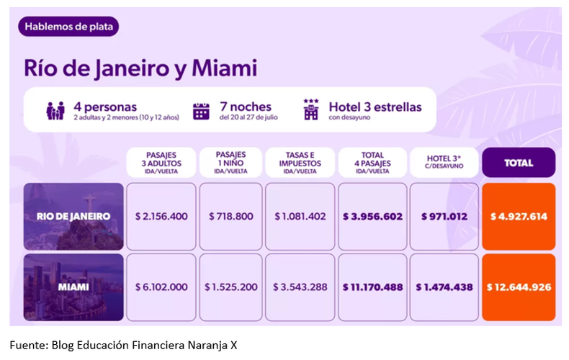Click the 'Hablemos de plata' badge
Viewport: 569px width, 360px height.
68,27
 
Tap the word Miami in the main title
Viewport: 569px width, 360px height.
225,68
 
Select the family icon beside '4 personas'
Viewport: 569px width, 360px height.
55,111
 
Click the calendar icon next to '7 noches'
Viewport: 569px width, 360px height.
201,111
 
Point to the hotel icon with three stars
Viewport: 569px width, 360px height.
311,109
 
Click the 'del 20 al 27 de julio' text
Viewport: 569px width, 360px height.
248,117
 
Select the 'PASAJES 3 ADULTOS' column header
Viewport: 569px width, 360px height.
161,163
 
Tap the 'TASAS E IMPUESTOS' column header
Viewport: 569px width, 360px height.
300,163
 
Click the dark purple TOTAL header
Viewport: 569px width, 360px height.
519,163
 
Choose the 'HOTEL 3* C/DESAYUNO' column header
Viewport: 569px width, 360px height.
444,163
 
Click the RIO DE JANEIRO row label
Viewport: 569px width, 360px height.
73,217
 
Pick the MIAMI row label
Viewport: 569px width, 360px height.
73,287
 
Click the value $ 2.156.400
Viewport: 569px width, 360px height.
161,217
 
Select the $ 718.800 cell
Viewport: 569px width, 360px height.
230,217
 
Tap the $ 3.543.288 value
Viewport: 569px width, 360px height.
300,287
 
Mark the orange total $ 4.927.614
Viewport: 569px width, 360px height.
519,217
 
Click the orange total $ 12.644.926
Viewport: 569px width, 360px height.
519,287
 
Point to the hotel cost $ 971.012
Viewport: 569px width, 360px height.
444,217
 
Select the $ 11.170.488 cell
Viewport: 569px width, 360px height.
372,287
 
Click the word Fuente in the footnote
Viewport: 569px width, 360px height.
27,345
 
